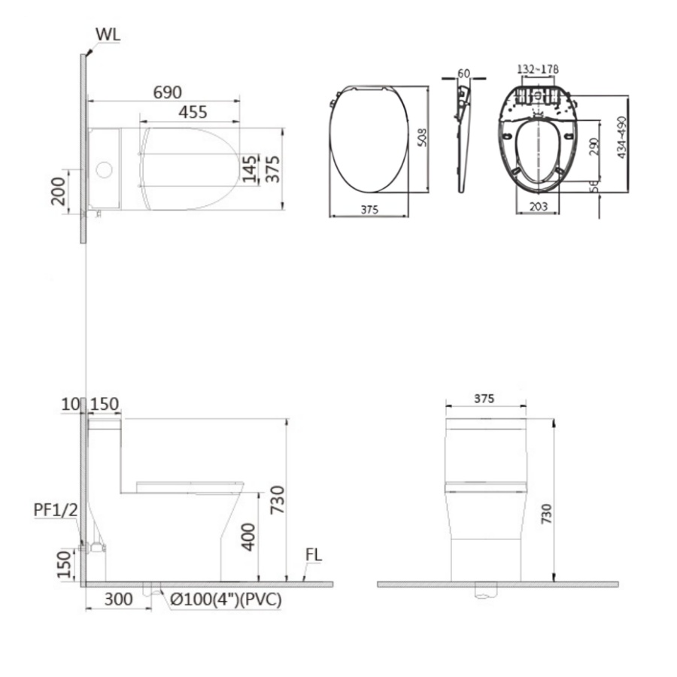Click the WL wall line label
click(108, 35)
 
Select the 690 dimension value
click(168, 92)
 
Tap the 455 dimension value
click(193, 112)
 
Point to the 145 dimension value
click(249, 168)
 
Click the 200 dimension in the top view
click(58, 191)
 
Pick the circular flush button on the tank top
click(104, 170)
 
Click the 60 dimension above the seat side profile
click(463, 74)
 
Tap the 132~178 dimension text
click(538, 69)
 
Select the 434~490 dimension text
click(621, 138)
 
